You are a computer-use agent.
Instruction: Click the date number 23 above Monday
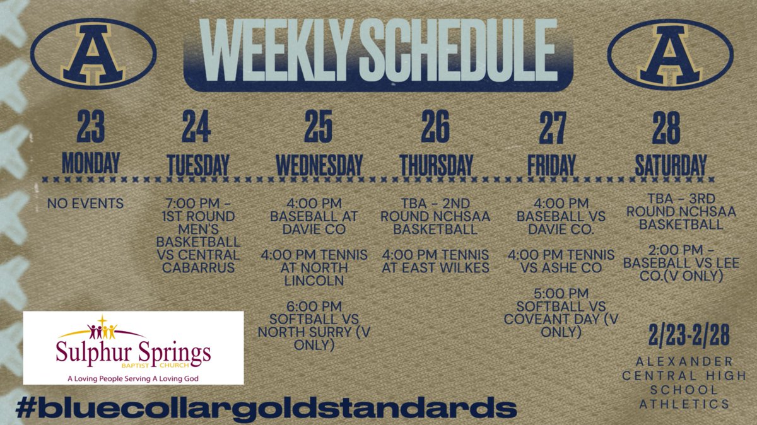pos(90,127)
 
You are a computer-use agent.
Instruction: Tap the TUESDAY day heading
pos(197,165)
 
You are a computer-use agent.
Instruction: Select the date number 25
pos(319,127)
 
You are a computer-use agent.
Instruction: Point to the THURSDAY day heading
pos(436,165)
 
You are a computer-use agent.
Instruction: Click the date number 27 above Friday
pos(552,127)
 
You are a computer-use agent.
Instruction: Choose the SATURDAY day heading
pos(670,165)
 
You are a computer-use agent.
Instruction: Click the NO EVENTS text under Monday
pos(86,204)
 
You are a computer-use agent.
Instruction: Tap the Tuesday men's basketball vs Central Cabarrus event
pos(202,236)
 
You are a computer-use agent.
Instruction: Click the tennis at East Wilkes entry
pos(435,261)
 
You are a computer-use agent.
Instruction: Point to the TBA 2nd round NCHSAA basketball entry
pos(435,216)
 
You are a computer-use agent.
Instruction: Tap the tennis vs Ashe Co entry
pos(561,261)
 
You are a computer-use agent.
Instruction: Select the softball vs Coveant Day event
pos(561,312)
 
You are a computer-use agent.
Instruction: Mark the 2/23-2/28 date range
pos(688,337)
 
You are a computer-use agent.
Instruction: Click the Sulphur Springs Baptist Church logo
pos(133,347)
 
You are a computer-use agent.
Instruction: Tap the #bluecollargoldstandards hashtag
pos(265,407)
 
